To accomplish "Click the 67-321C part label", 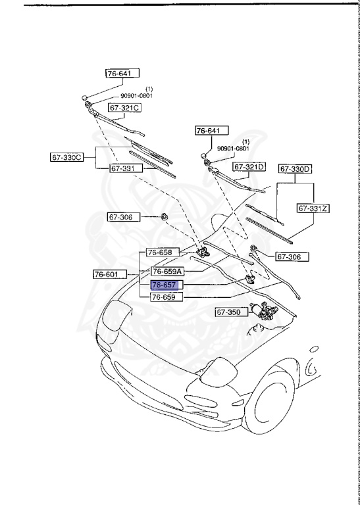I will click(x=125, y=107).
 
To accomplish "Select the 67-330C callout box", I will click(x=67, y=157).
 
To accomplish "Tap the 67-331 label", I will click(x=122, y=168).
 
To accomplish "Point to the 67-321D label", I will click(x=251, y=167).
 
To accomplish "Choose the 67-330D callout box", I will click(x=296, y=170).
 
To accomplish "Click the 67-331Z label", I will click(x=313, y=208).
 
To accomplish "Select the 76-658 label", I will click(x=160, y=252).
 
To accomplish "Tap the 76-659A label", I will click(x=167, y=271).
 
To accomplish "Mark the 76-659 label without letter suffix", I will click(x=163, y=297).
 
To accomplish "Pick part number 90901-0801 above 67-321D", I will click(x=234, y=149).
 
